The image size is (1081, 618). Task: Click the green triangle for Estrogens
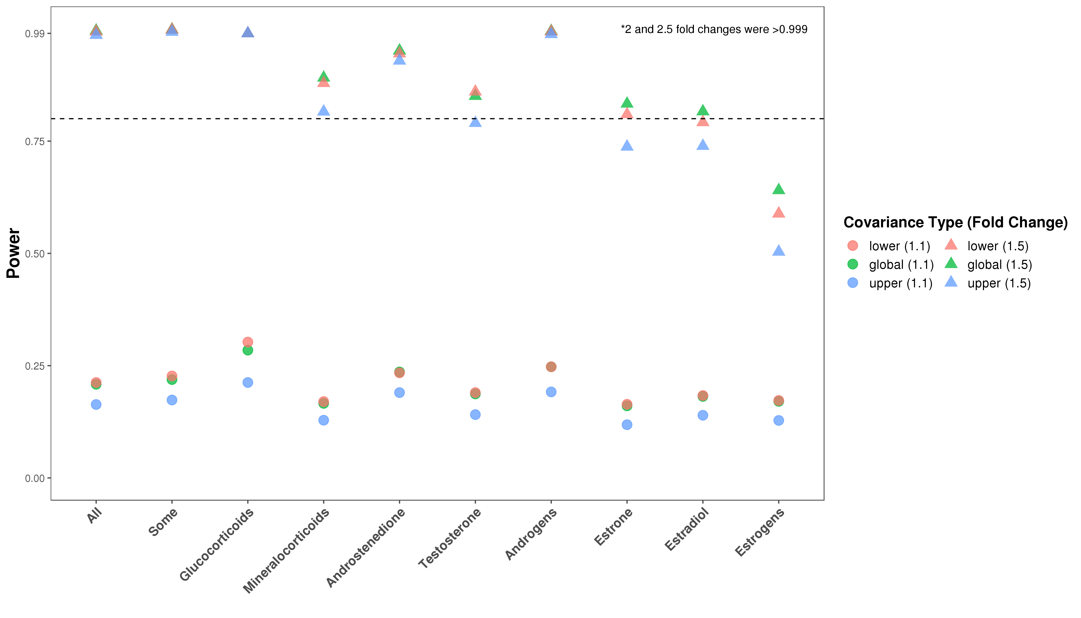point(779,189)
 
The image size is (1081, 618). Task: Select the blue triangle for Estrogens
point(779,251)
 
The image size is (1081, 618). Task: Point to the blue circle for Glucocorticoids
point(248,382)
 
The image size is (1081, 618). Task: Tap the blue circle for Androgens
point(551,392)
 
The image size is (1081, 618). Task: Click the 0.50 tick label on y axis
point(35,254)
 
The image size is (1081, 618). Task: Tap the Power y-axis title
point(14,253)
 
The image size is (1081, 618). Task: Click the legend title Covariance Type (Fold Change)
point(955,222)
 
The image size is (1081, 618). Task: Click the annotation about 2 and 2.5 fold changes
point(714,30)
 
